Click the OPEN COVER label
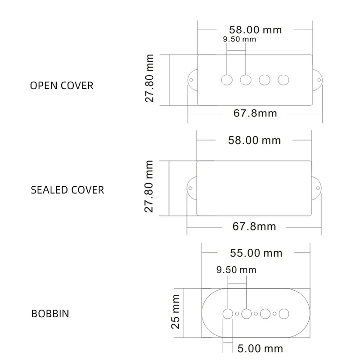pos(62,85)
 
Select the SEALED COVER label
pos(67,190)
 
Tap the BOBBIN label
pos(50,314)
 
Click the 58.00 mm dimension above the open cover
pos(255,30)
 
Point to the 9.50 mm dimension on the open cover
pos(239,39)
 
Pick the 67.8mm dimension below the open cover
pos(255,113)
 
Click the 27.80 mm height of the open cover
pos(149,78)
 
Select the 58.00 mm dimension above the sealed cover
pos(254,140)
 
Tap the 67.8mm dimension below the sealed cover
pos(254,226)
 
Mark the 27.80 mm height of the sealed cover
pos(148,186)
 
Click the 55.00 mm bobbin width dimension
pos(256,253)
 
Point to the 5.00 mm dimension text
pos(260,348)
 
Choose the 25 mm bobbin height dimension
pos(175,312)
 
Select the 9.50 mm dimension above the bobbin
pos(236,270)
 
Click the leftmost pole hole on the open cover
pos(227,80)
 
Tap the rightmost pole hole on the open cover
pos(283,80)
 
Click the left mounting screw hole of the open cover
pos(191,80)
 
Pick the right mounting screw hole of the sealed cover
pos(318,188)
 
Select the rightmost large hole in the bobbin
pos(284,314)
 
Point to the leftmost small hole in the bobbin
pos(237,314)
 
